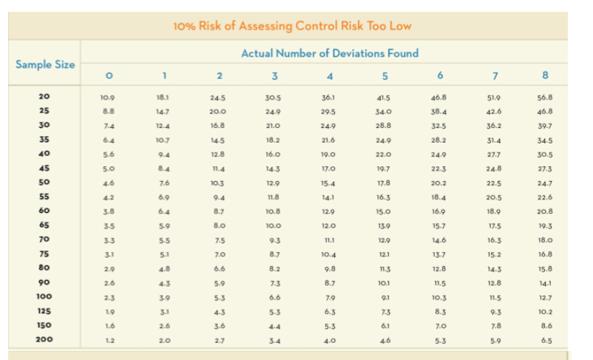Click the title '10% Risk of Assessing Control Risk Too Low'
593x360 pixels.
[292, 26]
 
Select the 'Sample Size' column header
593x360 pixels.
[45, 64]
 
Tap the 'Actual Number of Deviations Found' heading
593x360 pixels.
[330, 53]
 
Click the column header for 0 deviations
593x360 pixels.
[109, 76]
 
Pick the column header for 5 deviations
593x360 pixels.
[384, 76]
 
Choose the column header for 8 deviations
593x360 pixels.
[545, 76]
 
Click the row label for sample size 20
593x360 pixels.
[44, 96]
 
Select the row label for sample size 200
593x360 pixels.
[44, 340]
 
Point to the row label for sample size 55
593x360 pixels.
[44, 196]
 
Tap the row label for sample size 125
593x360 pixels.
[44, 311]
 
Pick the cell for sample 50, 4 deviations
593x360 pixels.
[330, 183]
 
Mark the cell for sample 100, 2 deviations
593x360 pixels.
[218, 297]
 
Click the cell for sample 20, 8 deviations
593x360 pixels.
[546, 97]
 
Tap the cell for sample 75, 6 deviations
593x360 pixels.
[439, 254]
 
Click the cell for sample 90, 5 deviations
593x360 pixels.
[384, 282]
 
